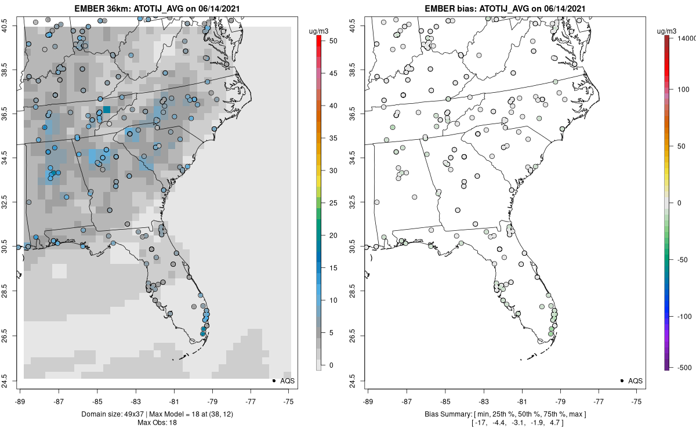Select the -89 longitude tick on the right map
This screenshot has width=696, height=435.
click(368, 401)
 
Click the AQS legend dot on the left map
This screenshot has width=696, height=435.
click(273, 380)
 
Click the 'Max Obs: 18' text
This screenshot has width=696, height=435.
click(157, 422)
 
